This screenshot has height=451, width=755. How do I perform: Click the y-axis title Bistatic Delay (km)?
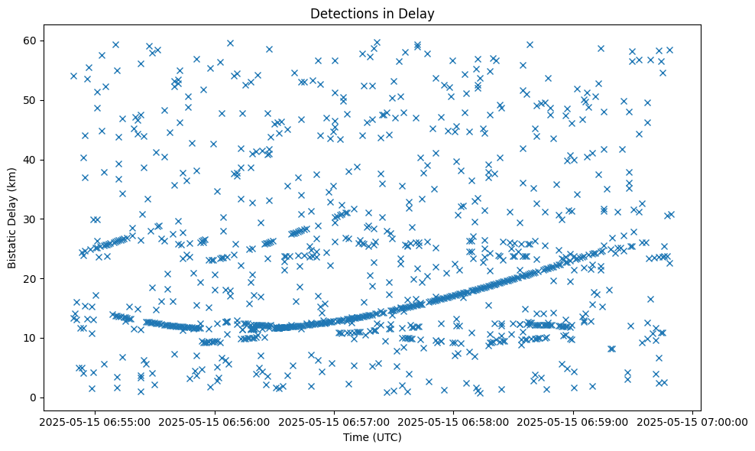click(12, 218)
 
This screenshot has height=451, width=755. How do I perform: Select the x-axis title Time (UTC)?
click(371, 437)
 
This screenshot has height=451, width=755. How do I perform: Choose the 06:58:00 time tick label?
click(452, 421)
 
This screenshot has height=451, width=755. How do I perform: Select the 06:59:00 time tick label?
click(573, 421)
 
